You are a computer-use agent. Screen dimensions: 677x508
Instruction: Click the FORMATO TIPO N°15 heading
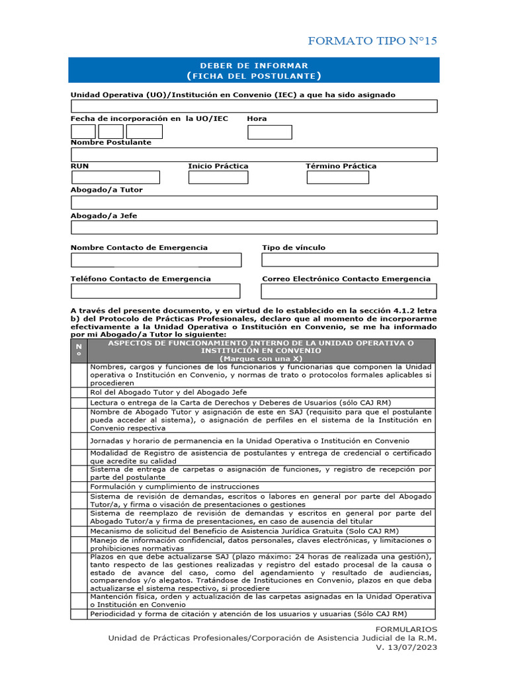point(372,42)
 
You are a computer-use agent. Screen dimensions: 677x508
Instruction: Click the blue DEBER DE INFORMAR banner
point(254,70)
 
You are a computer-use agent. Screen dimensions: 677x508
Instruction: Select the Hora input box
point(270,132)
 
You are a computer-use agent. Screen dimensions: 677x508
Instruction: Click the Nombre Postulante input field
point(254,155)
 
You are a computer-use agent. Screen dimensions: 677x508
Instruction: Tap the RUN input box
point(116,177)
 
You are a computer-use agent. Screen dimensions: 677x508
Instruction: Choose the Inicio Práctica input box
point(218,177)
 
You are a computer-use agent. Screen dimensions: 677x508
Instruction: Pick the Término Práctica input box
point(338,177)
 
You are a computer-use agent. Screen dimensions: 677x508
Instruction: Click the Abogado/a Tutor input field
point(254,202)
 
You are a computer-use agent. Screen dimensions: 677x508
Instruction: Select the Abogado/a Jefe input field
point(254,227)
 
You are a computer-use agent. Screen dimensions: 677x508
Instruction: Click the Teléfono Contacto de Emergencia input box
point(155,291)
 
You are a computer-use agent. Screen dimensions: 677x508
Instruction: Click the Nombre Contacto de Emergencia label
point(139,248)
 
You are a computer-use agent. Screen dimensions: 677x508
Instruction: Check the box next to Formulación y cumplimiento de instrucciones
point(79,486)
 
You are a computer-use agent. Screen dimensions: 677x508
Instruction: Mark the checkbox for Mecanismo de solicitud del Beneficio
point(79,531)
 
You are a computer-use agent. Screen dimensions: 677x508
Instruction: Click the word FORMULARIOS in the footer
point(405,629)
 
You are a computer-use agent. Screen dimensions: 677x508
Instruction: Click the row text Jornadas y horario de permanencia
point(249,441)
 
